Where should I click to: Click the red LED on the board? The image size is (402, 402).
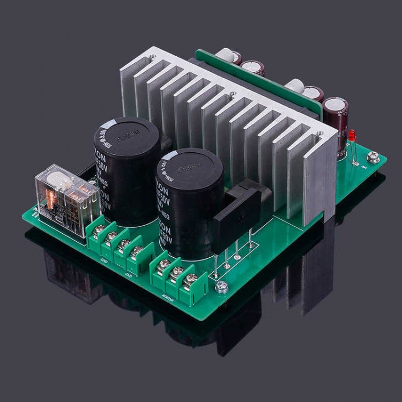click(352, 135)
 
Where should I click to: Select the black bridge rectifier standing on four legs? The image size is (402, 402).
click(237, 214)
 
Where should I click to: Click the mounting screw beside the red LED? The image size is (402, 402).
click(374, 157)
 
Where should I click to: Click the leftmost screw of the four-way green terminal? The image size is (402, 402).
click(99, 229)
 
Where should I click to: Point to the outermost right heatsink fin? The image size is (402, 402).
click(322, 177)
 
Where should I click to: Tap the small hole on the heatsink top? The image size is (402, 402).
click(232, 95)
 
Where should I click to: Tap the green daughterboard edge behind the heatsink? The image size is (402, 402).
click(257, 75)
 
